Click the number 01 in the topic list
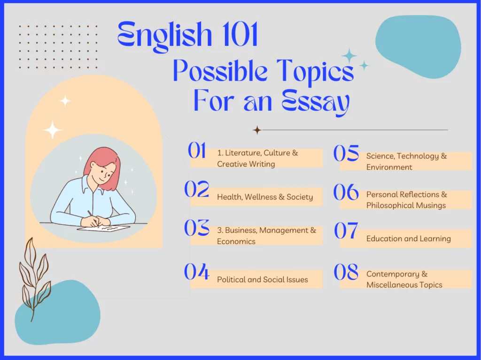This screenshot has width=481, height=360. coord(197,150)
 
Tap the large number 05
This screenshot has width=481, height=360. coord(346,153)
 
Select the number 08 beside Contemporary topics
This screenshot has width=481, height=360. coord(346,272)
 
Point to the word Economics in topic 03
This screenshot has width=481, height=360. coord(236,241)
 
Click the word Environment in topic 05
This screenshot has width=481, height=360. coord(389,167)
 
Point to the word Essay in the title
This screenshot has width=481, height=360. coord(316,102)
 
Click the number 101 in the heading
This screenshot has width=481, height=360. coord(240,34)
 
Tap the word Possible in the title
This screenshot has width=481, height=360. coord(220,71)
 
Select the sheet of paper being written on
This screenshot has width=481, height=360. coord(104,228)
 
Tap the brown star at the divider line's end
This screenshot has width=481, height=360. coord(257,130)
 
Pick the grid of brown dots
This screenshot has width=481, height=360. coord(58,47)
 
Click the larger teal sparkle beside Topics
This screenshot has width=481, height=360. coord(349,56)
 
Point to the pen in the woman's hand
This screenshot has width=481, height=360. coord(93,218)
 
